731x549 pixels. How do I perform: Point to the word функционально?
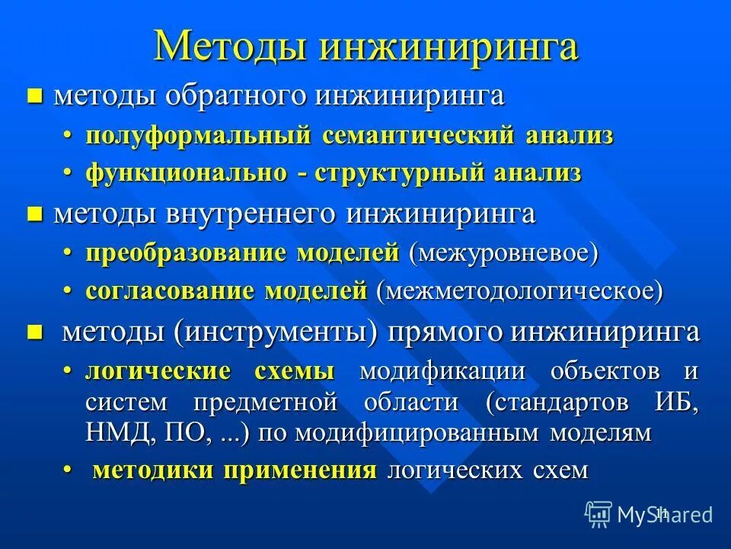[x=187, y=173]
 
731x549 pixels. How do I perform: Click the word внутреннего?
[x=252, y=214]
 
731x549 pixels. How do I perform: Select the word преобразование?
[x=187, y=253]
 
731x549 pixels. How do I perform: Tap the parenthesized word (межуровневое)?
[x=503, y=253]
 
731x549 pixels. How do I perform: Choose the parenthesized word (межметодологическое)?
[x=519, y=291]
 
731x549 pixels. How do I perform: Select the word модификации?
[x=442, y=371]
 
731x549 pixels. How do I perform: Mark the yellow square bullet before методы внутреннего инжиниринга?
[x=34, y=214]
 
